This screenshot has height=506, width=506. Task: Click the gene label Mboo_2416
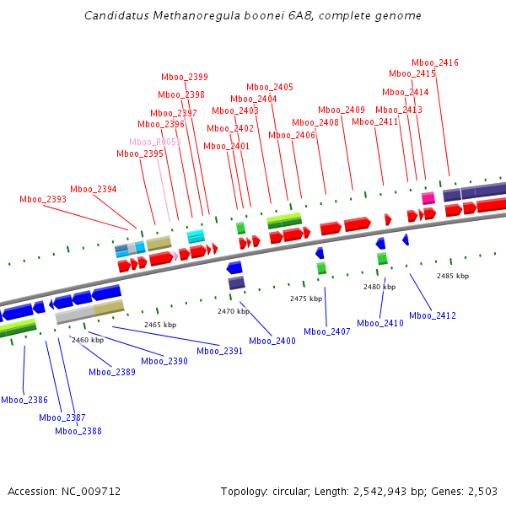pos(435,62)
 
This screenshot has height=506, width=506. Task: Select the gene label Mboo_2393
pos(43,199)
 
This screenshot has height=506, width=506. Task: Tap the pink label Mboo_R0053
pos(155,142)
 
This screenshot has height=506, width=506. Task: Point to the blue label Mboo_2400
pos(272,341)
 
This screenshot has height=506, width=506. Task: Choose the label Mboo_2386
pos(24,400)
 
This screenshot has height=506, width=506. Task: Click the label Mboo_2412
pos(433,315)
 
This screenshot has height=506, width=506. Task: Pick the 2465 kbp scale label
pos(160,325)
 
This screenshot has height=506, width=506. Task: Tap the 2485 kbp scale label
pos(454,276)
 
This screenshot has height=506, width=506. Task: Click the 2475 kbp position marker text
pos(306,299)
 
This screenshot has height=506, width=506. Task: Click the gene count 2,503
pos(481,491)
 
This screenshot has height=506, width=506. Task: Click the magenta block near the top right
pos(428,197)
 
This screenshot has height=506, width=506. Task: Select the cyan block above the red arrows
pos(196,236)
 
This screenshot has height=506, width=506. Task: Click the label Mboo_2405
pos(270,87)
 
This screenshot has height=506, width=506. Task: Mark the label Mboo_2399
pos(185,77)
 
